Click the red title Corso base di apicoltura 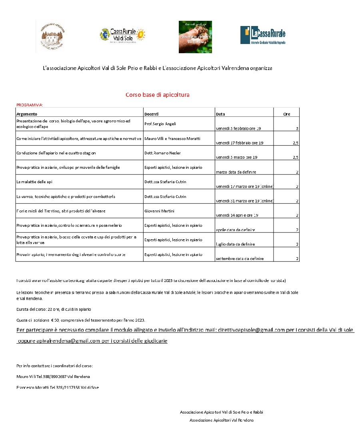click(157, 95)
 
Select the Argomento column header click(27, 114)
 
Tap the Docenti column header click(152, 114)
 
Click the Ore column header click(286, 114)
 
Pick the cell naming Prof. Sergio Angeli click(160, 124)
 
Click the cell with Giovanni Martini click(157, 211)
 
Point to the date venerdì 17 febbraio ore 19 click(239, 143)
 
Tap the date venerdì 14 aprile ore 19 click(237, 215)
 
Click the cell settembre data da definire click(239, 259)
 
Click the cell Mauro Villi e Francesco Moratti click(172, 138)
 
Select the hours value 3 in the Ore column click(297, 128)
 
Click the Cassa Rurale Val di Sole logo click(122, 36)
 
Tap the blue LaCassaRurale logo click(263, 35)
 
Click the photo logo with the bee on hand click(195, 37)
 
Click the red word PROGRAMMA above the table click(29, 105)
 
